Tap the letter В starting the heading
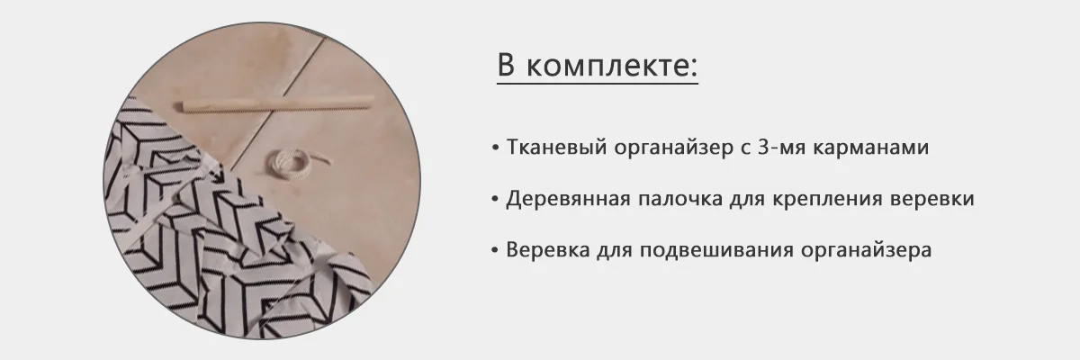click(x=506, y=65)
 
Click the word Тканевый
click(x=556, y=148)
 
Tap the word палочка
click(x=680, y=199)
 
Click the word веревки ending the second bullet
click(x=932, y=200)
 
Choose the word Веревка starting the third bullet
click(x=548, y=250)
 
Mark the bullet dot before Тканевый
click(x=495, y=148)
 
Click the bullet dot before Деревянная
click(x=495, y=199)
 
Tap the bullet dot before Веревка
click(x=495, y=250)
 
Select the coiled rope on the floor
click(x=292, y=166)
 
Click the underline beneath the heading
click(x=598, y=84)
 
